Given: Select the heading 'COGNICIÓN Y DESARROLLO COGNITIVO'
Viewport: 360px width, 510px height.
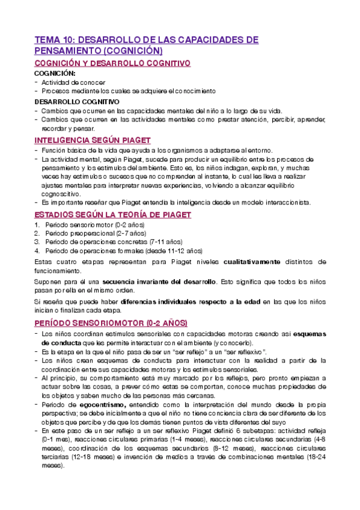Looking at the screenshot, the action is pyautogui.click(x=112, y=63).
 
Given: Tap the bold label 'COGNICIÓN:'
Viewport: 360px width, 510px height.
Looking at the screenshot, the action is pyautogui.click(x=53, y=73).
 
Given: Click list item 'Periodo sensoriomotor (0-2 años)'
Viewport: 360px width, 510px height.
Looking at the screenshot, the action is pyautogui.click(x=90, y=224).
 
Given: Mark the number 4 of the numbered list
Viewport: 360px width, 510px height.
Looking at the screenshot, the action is pyautogui.click(x=37, y=250).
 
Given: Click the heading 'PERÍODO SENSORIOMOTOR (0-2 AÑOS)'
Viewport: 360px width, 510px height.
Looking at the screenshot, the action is pyautogui.click(x=111, y=322).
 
